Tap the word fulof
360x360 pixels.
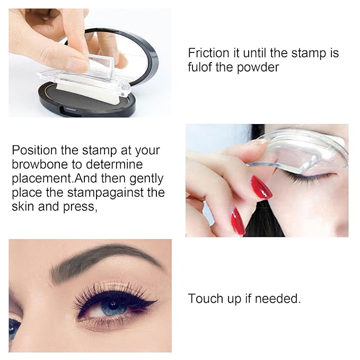[x=201, y=68]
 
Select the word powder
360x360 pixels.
[x=258, y=68]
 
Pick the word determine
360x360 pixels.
[x=117, y=164]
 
